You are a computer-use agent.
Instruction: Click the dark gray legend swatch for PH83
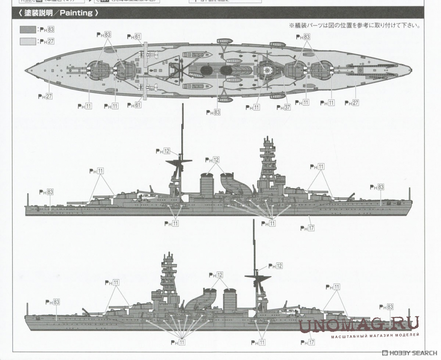coord(28,29)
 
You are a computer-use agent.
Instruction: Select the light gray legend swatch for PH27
coord(28,42)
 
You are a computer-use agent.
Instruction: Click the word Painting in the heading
coord(76,13)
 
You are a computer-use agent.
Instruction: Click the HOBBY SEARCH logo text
coord(410,353)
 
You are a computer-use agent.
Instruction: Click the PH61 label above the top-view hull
coord(134,37)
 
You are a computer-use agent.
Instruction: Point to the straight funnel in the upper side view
coord(207,185)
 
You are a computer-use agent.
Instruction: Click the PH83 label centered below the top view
coord(213,112)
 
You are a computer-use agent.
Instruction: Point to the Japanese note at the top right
coord(355,26)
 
